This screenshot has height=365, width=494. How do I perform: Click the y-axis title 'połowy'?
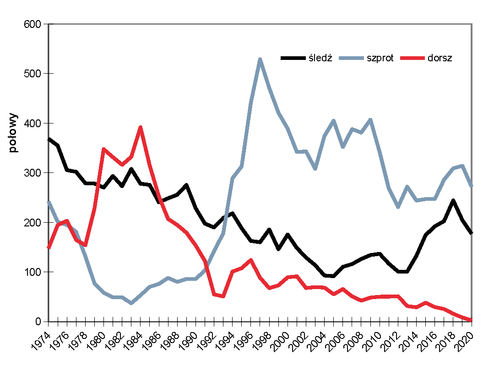13,133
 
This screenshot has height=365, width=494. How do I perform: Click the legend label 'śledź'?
320,58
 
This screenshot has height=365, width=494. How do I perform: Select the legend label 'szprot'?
380,58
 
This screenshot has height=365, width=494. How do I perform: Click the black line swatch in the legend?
293,58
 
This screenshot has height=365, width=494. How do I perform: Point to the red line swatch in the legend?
412,58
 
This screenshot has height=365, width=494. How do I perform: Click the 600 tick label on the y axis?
33,24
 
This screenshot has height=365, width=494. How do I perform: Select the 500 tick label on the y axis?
33,74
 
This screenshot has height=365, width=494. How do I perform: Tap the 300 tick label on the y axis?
33,173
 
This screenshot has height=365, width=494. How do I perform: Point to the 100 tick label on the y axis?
33,272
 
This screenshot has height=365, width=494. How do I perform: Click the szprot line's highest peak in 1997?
260,59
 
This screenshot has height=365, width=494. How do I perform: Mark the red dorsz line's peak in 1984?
141,127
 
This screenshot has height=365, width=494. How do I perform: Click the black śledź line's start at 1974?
49,139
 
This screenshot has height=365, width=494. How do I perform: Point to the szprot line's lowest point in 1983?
131,303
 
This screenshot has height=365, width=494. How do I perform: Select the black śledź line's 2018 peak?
453,201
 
